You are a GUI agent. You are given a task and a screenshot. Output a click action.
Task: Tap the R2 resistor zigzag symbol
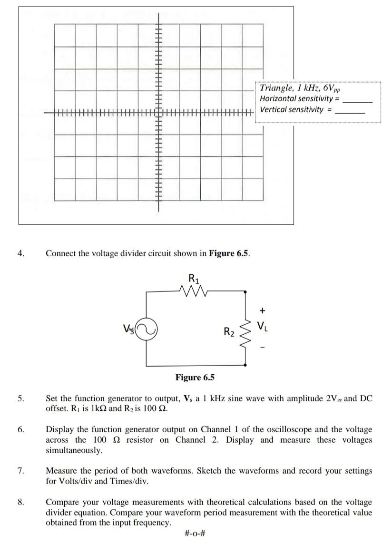(245, 331)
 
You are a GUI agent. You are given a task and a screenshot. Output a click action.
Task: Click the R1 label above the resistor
(194, 278)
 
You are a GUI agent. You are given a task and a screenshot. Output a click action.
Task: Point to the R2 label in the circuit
(229, 331)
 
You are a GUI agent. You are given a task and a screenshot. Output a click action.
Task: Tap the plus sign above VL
(261, 310)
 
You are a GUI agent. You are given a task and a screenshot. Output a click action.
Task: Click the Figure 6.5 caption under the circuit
(195, 378)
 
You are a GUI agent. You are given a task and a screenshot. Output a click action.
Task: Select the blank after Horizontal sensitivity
(357, 101)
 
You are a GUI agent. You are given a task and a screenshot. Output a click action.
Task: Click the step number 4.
(20, 253)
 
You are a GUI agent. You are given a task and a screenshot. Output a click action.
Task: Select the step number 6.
(20, 429)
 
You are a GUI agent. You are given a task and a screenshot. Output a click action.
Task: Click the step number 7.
(20, 471)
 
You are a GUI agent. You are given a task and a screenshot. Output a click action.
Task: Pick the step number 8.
(20, 502)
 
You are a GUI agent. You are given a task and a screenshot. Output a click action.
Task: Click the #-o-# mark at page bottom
(195, 533)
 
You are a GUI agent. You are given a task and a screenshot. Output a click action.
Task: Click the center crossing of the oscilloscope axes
(158, 112)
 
